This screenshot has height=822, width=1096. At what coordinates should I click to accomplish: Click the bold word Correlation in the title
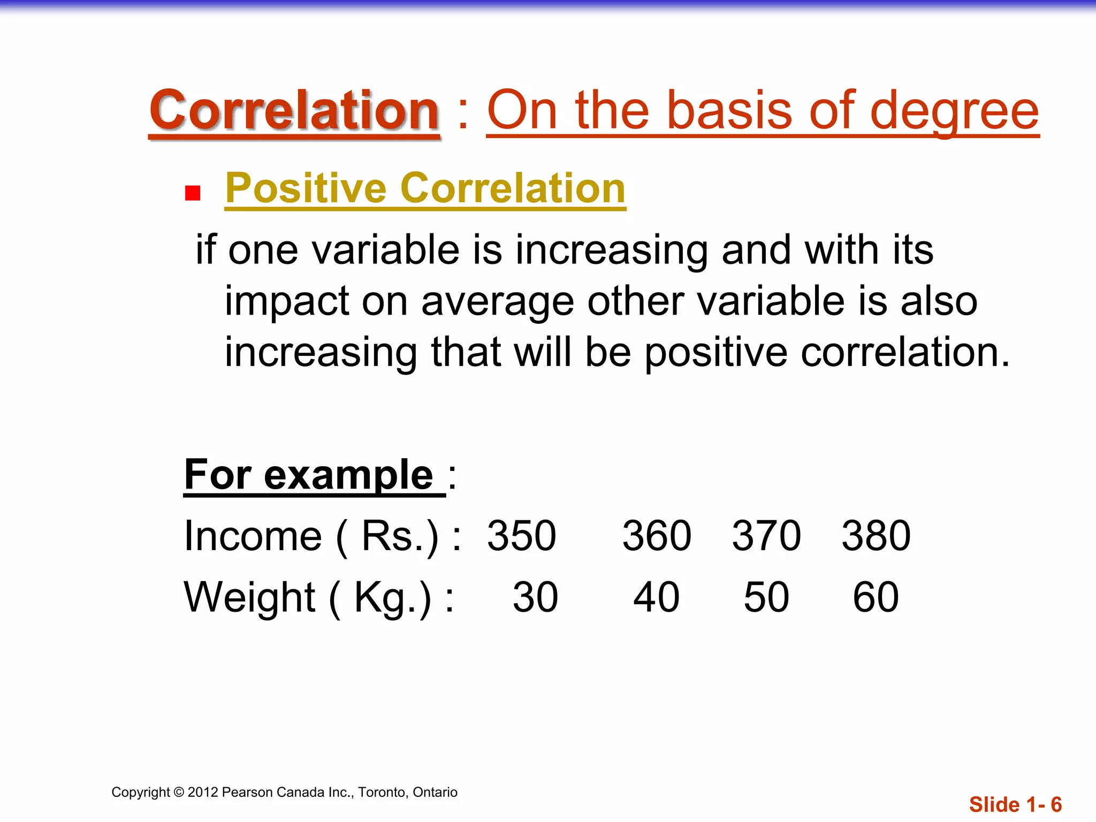(x=294, y=111)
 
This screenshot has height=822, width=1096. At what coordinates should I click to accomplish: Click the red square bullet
(x=192, y=193)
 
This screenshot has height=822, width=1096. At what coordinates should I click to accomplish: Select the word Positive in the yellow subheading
(x=306, y=188)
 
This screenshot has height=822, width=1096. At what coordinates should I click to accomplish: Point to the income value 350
(x=521, y=536)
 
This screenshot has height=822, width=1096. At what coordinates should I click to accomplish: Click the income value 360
(x=657, y=536)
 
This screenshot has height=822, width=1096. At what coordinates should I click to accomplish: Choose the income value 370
(x=766, y=536)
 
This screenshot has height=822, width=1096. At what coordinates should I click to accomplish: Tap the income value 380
(x=876, y=536)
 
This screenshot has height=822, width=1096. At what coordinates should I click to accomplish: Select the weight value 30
(x=535, y=597)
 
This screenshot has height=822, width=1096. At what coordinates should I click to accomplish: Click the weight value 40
(x=657, y=597)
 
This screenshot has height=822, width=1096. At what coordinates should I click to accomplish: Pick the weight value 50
(x=766, y=597)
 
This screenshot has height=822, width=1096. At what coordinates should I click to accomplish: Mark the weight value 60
(x=876, y=597)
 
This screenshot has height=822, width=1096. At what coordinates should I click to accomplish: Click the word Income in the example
(x=253, y=536)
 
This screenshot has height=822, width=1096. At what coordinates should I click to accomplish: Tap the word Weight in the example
(x=250, y=597)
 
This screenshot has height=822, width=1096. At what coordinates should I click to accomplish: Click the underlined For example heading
(x=309, y=475)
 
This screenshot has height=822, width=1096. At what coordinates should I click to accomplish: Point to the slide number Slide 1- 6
(x=1015, y=804)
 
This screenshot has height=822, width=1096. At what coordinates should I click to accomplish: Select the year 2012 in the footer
(x=202, y=792)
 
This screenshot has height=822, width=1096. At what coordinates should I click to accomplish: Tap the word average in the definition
(x=498, y=301)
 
